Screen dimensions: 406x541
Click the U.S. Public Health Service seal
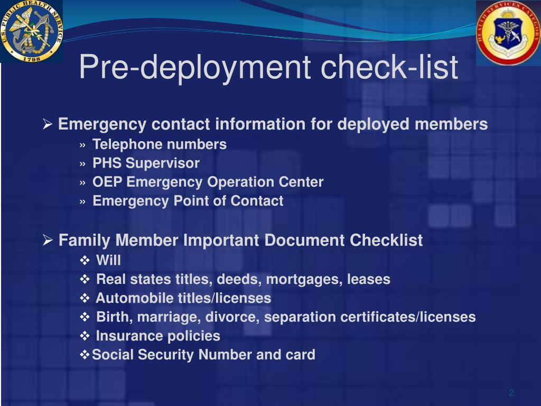pyautogui.click(x=31, y=31)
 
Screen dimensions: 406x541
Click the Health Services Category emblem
pyautogui.click(x=508, y=33)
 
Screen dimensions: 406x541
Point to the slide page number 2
pyautogui.click(x=511, y=393)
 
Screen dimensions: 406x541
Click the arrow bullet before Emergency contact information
pyautogui.click(x=47, y=125)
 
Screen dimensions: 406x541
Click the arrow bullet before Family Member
pyautogui.click(x=47, y=241)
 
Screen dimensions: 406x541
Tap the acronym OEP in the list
pyautogui.click(x=108, y=182)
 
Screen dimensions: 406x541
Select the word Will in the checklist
pyautogui.click(x=108, y=260)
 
